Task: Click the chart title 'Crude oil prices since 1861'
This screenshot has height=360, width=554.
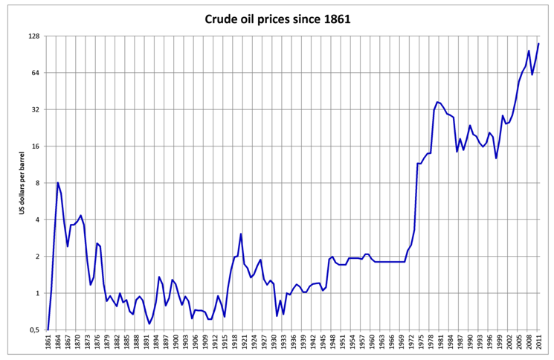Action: click(x=277, y=17)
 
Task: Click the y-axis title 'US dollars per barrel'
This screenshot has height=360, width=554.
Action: click(x=22, y=183)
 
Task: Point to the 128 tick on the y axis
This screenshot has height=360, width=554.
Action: click(x=34, y=36)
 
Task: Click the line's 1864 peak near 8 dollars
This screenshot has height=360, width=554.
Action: click(x=58, y=182)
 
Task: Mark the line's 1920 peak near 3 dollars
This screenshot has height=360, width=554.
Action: click(x=241, y=234)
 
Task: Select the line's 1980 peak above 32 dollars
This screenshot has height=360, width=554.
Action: click(x=437, y=102)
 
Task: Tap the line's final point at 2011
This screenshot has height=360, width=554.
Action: click(x=538, y=44)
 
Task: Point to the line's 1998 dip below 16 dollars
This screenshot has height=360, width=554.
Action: click(x=496, y=158)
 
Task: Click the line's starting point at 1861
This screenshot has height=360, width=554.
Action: click(x=48, y=330)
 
